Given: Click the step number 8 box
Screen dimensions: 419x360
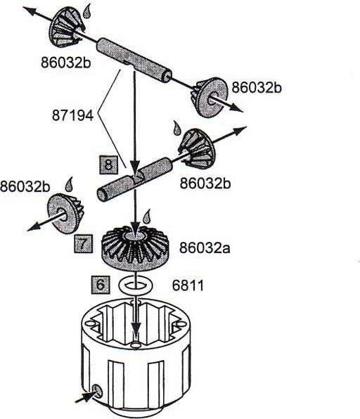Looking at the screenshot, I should (108, 166).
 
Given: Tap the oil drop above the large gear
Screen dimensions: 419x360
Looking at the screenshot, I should (146, 214).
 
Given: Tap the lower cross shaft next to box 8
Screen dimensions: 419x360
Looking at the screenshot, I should (134, 181).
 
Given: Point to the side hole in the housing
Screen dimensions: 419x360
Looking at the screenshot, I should (98, 390).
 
